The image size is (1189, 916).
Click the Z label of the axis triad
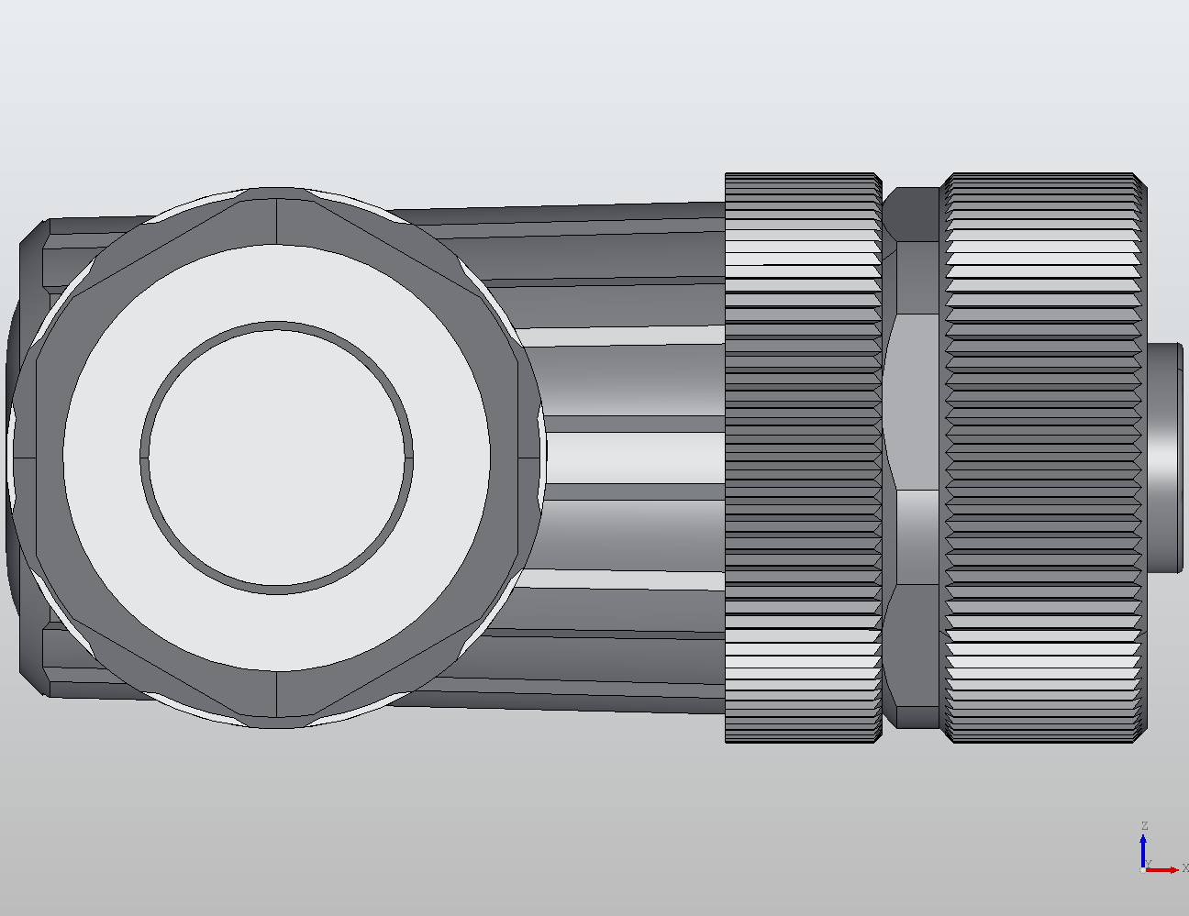coord(1144,826)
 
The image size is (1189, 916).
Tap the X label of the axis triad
coord(1184,867)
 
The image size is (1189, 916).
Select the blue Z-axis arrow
coord(1143,848)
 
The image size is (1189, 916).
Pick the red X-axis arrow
coord(1163,869)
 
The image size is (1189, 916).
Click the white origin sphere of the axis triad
coord(1142,869)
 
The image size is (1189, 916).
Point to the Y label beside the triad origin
coord(1149,864)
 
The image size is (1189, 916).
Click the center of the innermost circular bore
coord(276,457)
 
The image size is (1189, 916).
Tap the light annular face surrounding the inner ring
coord(101,457)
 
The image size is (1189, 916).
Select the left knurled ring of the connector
coord(803,457)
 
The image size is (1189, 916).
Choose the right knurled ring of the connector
coord(1044,457)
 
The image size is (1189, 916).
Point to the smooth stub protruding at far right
coord(1165,457)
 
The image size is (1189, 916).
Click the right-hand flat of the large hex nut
coord(529,457)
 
